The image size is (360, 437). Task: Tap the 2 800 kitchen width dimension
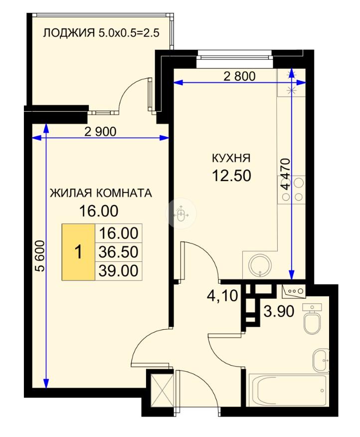[x=240, y=76]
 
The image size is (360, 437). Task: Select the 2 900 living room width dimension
[x=100, y=132]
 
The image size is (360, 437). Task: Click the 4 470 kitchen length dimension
[x=286, y=174]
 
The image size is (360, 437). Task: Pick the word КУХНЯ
[x=231, y=158]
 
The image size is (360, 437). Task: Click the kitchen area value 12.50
[x=231, y=176]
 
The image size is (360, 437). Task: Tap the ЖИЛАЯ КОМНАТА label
[x=101, y=193]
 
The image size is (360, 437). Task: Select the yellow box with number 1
[x=78, y=251]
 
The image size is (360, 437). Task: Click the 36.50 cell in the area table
[x=119, y=251]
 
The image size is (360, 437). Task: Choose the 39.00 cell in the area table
[x=119, y=270]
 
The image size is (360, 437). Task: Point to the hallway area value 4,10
[x=222, y=295]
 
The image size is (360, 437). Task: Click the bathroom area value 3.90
[x=279, y=311]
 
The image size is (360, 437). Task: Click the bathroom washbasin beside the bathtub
[x=321, y=360]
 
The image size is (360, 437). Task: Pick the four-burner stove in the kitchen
[x=292, y=190]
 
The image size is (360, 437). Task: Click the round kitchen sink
[x=260, y=265]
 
